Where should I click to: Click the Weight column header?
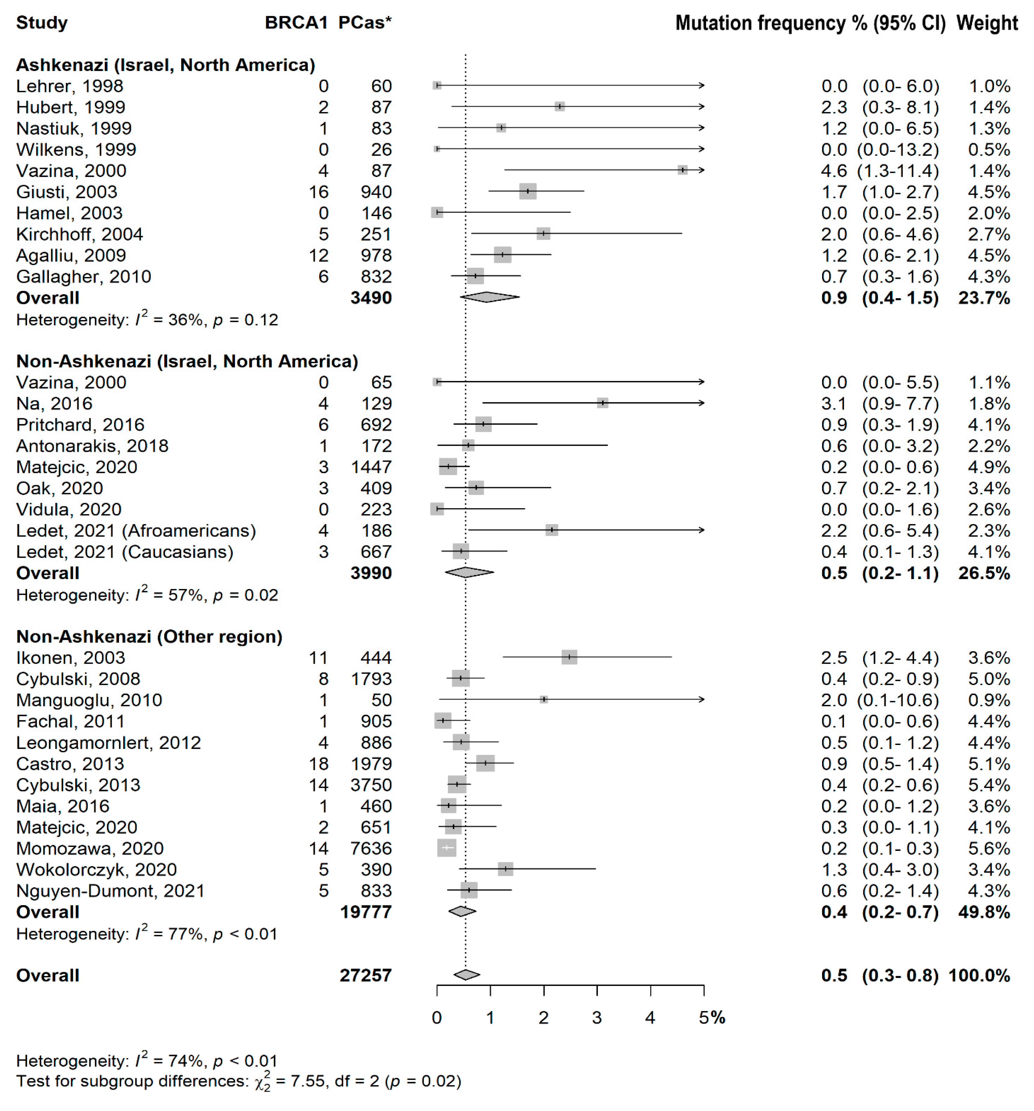coord(987,23)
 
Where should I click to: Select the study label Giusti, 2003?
coord(66,192)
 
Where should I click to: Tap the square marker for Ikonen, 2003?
coord(569,657)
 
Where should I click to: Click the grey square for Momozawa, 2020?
coord(447,848)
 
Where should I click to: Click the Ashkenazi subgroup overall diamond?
coord(489,297)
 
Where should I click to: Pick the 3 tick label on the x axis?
coord(596,1018)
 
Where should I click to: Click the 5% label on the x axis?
coord(711,1018)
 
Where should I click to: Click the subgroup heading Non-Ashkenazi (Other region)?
coord(149,636)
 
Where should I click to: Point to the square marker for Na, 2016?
coord(602,403)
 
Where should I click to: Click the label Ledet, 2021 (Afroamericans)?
coord(136,530)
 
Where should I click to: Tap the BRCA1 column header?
coord(296,23)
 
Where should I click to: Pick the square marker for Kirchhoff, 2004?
coord(543,233)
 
